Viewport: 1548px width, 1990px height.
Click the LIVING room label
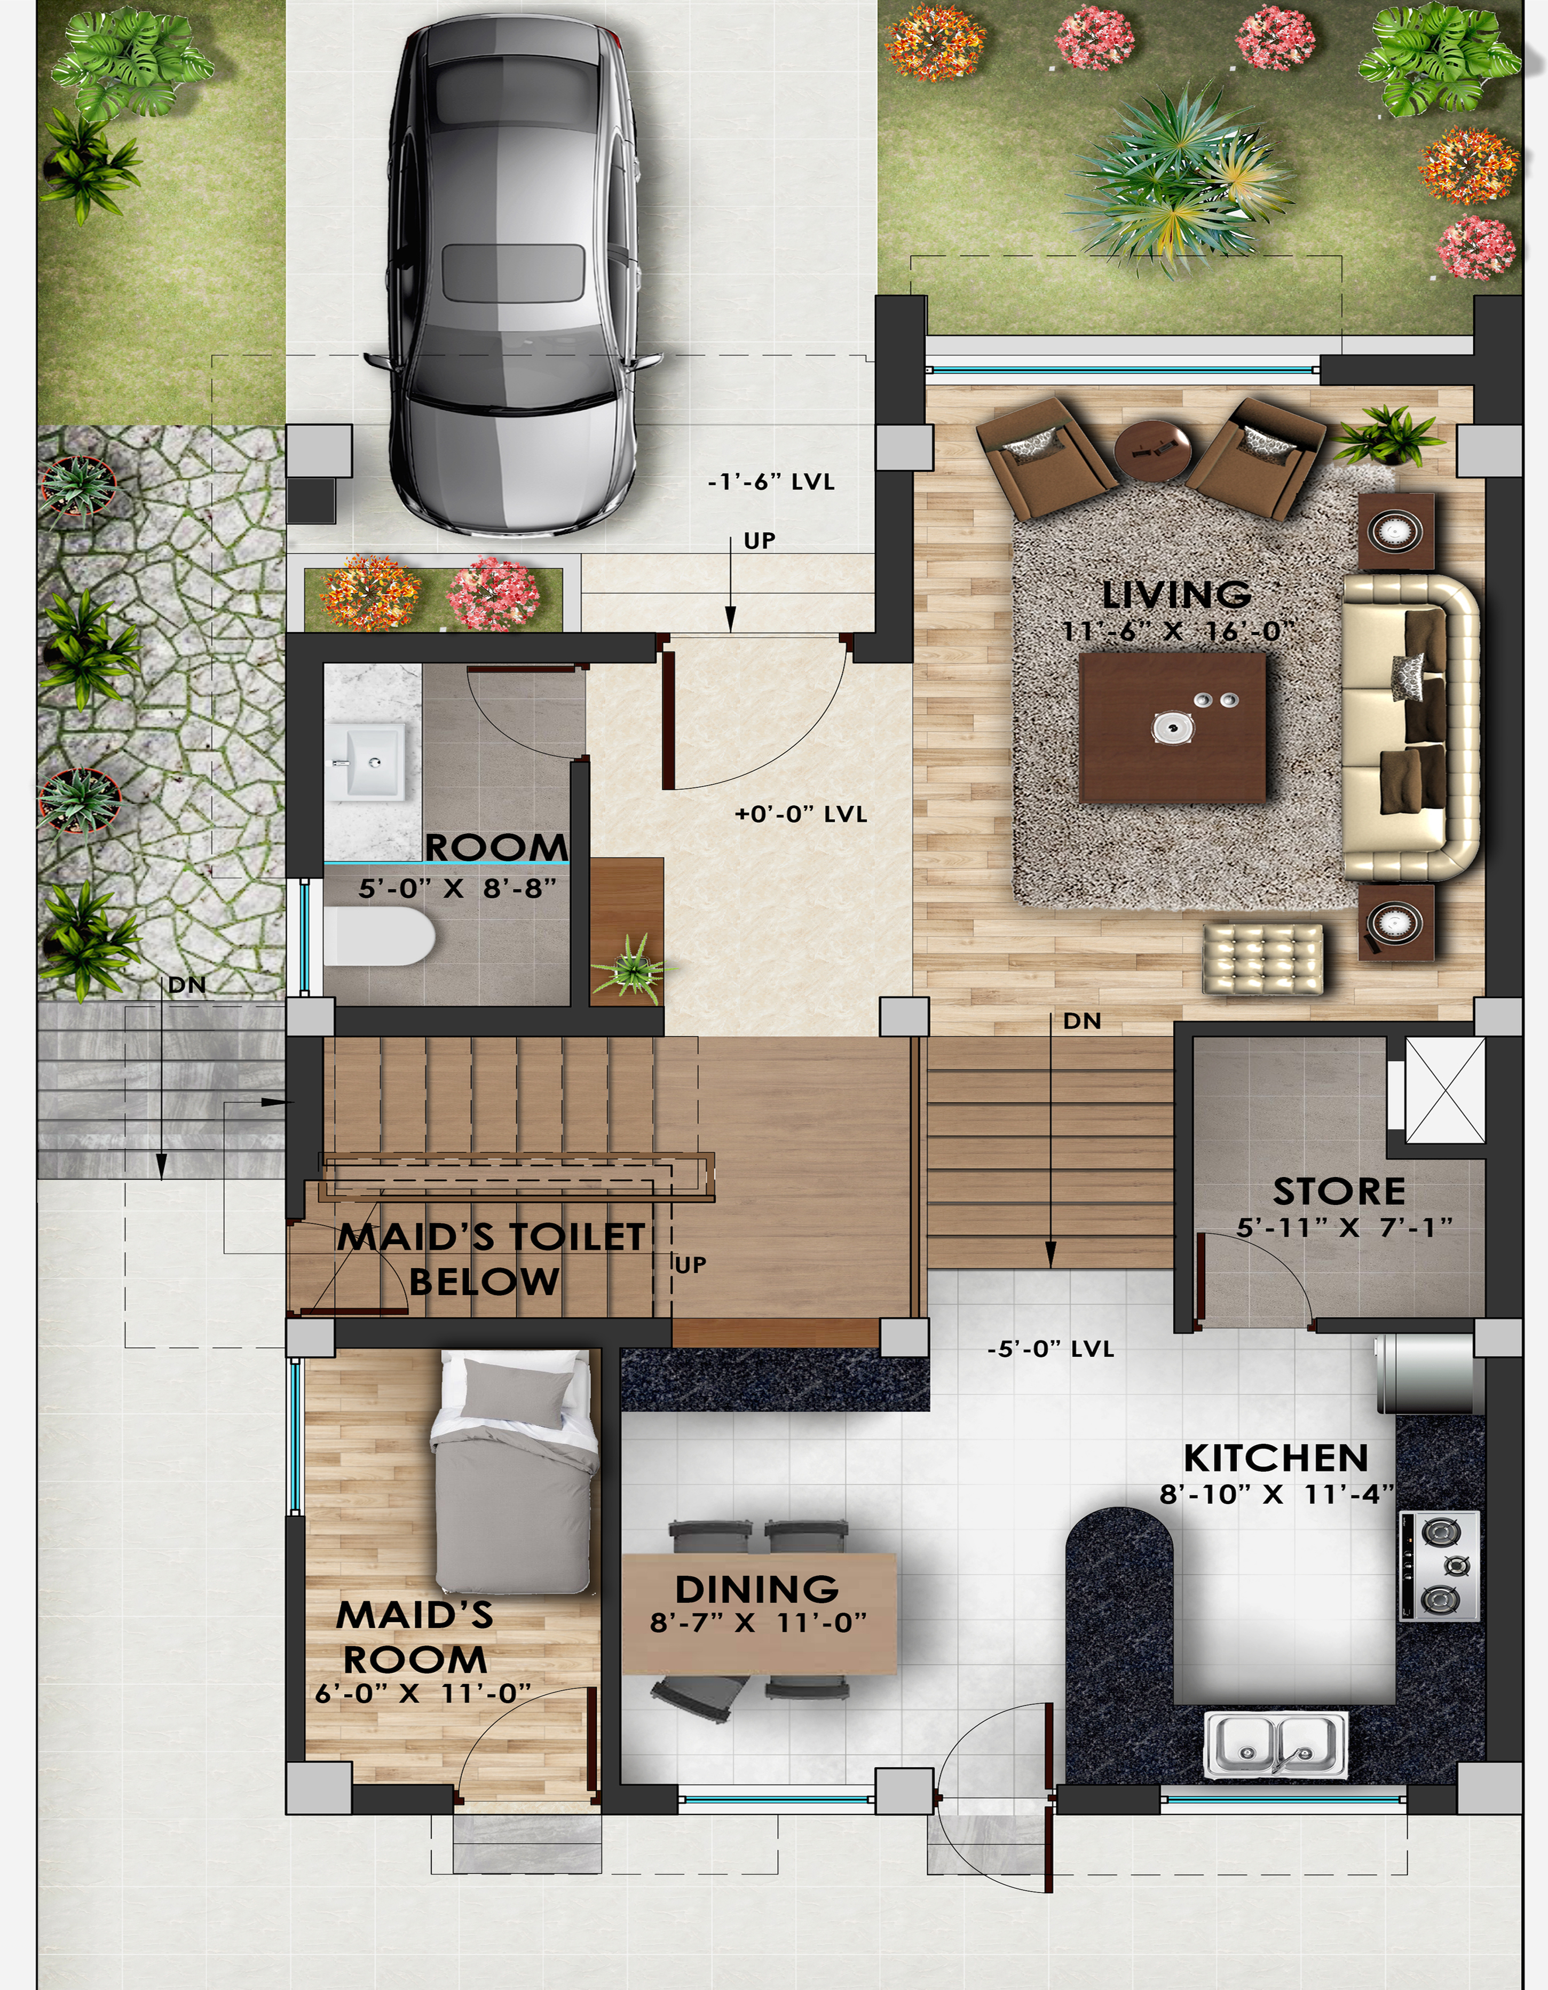[x=1176, y=594]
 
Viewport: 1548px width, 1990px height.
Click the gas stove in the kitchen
[x=1440, y=1567]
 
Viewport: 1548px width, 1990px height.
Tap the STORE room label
[x=1338, y=1192]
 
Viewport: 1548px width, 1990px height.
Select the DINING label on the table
[x=757, y=1590]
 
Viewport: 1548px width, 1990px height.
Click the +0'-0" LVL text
[x=801, y=814]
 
